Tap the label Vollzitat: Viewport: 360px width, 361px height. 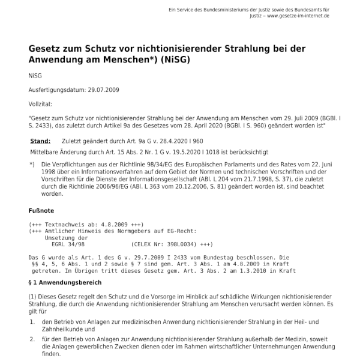(x=41, y=104)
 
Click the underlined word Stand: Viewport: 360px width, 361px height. (x=40, y=141)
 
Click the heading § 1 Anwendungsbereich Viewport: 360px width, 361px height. (x=66, y=282)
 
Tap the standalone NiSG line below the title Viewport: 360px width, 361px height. (x=35, y=76)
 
